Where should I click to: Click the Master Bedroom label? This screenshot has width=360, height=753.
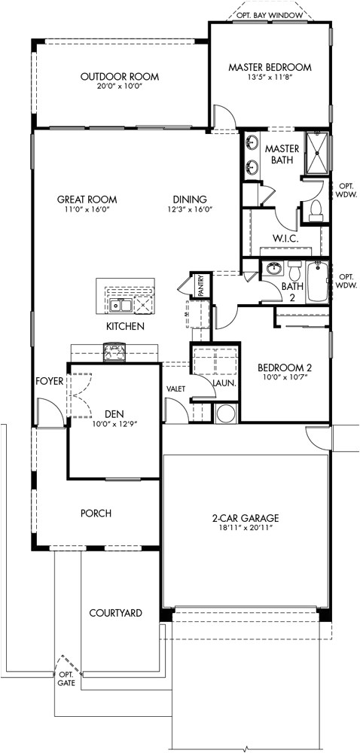(x=270, y=67)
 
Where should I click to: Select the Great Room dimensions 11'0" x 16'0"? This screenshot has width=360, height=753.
(x=87, y=210)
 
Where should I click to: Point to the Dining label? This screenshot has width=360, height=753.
(x=189, y=200)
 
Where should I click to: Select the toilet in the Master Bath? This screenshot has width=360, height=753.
(x=316, y=210)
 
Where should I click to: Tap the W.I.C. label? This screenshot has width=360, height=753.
(x=285, y=239)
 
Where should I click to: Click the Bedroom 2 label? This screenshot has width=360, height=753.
(x=284, y=367)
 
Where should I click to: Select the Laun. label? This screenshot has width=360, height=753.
(x=224, y=383)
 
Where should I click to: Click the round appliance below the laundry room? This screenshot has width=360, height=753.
(x=225, y=413)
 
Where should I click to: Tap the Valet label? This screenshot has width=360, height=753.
(x=176, y=389)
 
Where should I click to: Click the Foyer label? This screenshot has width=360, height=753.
(x=49, y=381)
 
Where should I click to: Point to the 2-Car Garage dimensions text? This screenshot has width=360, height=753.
(x=246, y=529)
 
